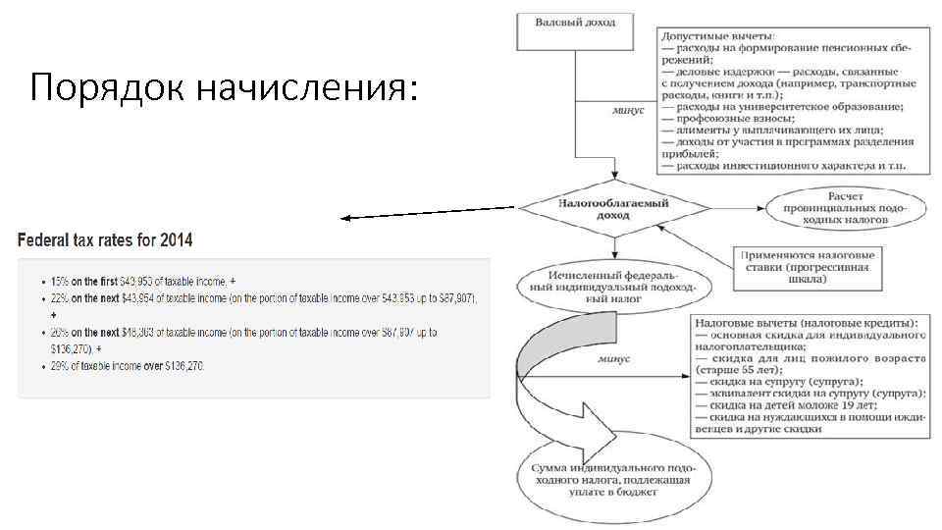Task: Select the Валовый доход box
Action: point(575,30)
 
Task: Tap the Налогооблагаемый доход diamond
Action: point(613,208)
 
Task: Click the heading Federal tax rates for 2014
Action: point(105,239)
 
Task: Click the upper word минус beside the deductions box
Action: point(628,111)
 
